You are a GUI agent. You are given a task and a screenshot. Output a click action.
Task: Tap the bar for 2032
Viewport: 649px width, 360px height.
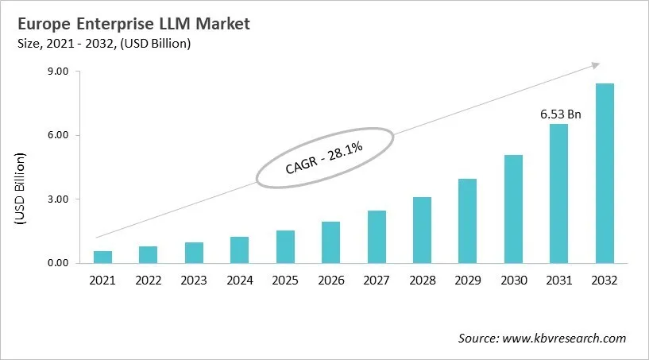[x=605, y=173]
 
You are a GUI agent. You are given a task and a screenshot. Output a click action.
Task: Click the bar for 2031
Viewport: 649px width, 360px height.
[x=559, y=193]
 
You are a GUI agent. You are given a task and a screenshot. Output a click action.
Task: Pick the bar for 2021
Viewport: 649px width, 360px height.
[x=102, y=257]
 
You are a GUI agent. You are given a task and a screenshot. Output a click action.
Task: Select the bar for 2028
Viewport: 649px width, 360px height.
[x=422, y=230]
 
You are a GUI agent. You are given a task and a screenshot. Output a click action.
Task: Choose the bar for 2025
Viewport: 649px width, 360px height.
[x=285, y=246]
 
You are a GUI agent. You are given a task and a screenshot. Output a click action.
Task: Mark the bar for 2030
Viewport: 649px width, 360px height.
[x=513, y=208]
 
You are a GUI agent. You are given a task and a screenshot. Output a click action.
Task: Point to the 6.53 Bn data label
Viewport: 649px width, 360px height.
[x=561, y=114]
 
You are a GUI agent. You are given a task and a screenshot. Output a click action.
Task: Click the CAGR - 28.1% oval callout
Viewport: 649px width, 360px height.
[x=324, y=157]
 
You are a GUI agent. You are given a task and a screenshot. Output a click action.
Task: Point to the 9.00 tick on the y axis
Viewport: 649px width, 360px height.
[x=59, y=72]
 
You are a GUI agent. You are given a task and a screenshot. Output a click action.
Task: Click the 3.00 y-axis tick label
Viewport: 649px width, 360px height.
[x=59, y=199]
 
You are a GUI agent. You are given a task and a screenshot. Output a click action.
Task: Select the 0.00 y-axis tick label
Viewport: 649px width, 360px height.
[x=59, y=263]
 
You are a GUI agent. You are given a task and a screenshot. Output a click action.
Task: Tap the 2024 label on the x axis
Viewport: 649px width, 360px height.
[x=239, y=281]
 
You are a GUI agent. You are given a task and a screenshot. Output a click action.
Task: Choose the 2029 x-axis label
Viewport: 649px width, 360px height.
[x=468, y=281]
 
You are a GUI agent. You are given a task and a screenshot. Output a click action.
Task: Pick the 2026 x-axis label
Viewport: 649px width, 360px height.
[x=330, y=281]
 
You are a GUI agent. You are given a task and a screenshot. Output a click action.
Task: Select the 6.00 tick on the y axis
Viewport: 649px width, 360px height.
[x=59, y=135]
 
